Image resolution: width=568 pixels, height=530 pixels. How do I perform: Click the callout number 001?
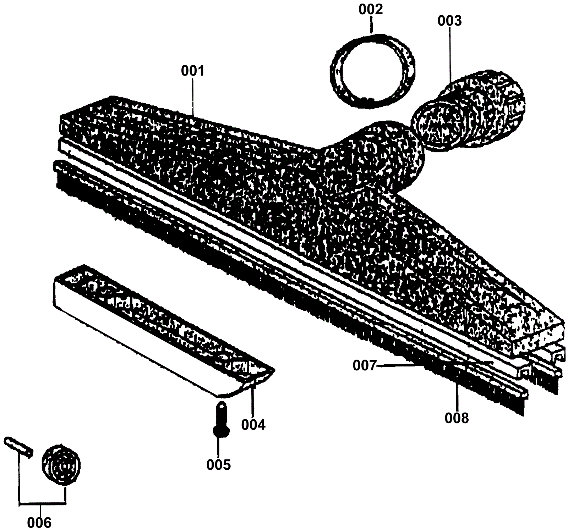193,71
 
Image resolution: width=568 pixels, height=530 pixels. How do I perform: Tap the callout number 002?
371,10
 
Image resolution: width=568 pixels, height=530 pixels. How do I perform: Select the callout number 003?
449,21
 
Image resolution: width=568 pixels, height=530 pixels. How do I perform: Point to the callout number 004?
253,424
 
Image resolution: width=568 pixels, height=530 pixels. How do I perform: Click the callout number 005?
219,464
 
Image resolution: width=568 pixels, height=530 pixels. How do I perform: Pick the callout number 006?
39,522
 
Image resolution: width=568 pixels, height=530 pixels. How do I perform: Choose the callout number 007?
364,365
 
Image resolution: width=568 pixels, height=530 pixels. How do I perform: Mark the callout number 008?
457,418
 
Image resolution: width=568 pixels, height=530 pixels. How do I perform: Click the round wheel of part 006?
61,465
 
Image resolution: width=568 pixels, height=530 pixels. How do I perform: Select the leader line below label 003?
450,57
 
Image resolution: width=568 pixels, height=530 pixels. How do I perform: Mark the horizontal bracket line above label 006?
42,503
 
